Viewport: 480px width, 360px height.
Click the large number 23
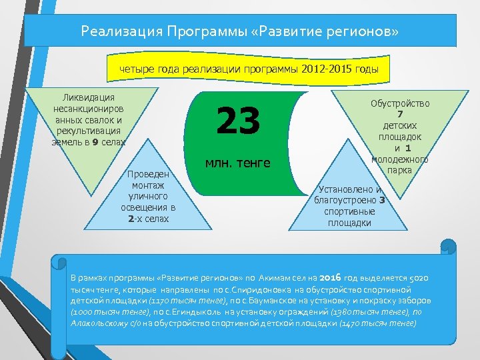tap(237, 121)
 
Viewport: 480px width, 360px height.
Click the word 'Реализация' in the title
tap(121, 31)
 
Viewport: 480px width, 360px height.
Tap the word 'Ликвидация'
tap(89, 98)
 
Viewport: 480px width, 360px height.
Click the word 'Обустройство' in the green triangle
tap(400, 103)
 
